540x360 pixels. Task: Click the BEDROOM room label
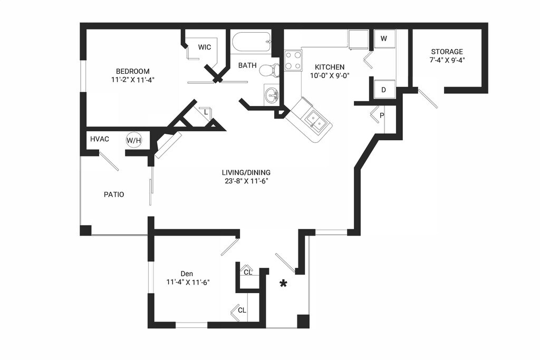coord(133,71)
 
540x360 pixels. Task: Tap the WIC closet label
coord(205,47)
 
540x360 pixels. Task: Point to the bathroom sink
coord(272,95)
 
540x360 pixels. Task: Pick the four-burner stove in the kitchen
coord(293,61)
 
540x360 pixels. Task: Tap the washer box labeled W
coord(384,38)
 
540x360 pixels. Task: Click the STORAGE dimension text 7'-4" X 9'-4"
coord(447,60)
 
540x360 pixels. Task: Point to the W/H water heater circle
coord(133,140)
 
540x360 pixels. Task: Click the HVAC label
coord(100,139)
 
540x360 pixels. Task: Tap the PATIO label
coord(114,194)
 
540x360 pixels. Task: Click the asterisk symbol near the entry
coord(283,284)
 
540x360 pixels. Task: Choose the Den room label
coord(187,274)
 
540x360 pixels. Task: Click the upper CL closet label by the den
coord(247,272)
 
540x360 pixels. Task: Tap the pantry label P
coord(381,115)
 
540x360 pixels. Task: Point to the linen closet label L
coord(206,112)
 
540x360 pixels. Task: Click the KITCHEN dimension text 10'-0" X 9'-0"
coord(330,75)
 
